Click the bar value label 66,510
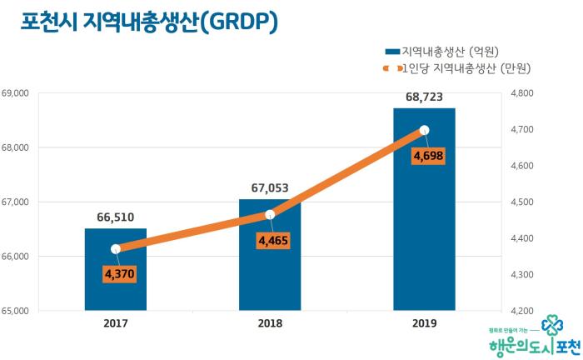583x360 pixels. [116, 217]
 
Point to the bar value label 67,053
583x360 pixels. [270, 187]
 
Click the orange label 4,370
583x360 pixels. [119, 272]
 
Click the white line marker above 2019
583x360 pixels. [424, 130]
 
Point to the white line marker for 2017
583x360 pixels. [116, 248]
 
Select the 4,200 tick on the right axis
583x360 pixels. [520, 311]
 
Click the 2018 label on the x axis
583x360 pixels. [270, 323]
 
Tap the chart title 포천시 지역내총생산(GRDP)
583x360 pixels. [149, 22]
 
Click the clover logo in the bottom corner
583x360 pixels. [551, 325]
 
